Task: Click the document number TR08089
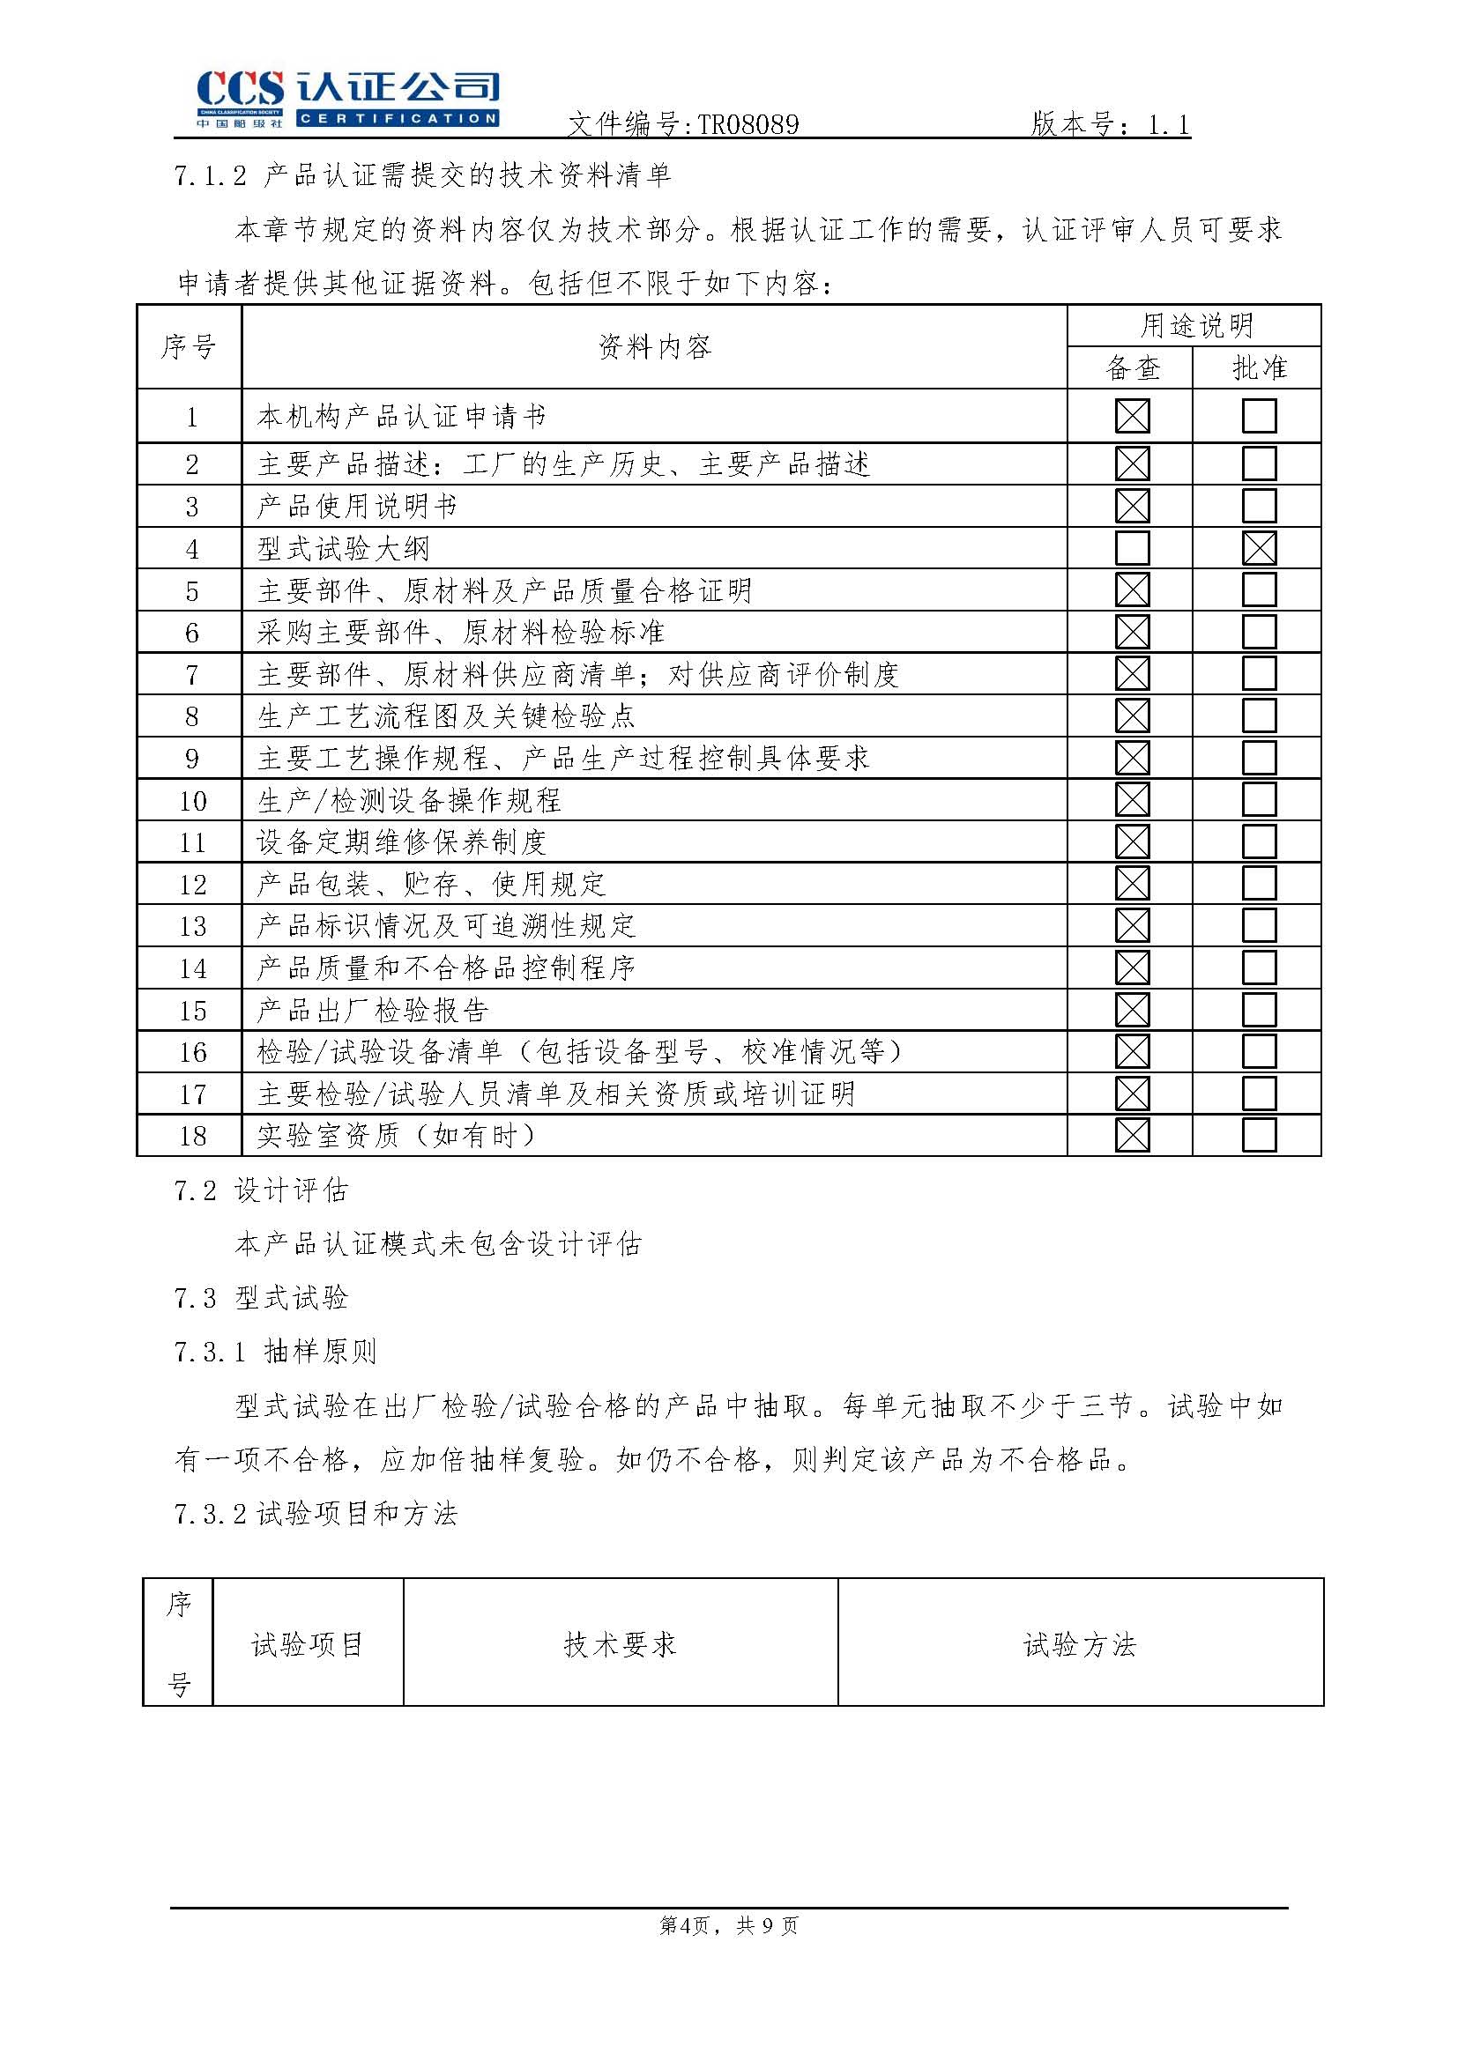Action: click(747, 125)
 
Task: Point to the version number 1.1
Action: click(1168, 125)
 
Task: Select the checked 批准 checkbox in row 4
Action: click(1259, 548)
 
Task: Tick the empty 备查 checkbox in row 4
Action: click(1131, 548)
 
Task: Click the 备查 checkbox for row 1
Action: click(1131, 417)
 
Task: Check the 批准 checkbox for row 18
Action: click(1259, 1136)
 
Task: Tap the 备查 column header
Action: click(1132, 368)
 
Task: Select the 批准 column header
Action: click(1259, 368)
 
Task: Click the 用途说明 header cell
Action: click(1196, 326)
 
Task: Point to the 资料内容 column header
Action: click(654, 346)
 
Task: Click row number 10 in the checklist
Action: click(193, 801)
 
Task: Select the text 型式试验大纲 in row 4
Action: click(343, 548)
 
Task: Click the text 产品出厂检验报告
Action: click(373, 1011)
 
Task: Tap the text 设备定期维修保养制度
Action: click(401, 842)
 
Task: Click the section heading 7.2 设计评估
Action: click(261, 1191)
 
